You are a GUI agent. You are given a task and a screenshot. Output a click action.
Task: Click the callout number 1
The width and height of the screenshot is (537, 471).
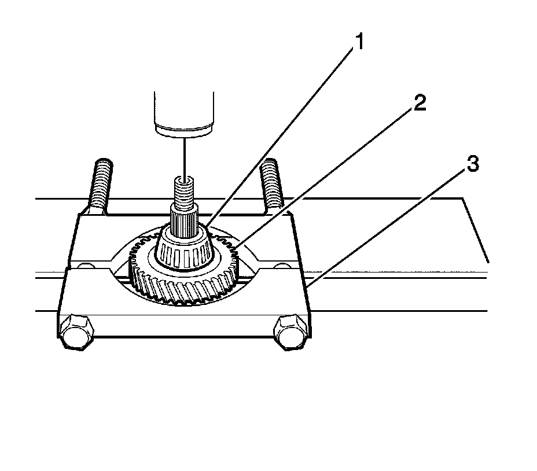[359, 43]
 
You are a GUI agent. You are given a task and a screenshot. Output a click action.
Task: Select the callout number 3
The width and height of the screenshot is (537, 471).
[473, 165]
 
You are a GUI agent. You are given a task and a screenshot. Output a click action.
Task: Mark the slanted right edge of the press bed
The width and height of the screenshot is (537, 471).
[476, 229]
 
